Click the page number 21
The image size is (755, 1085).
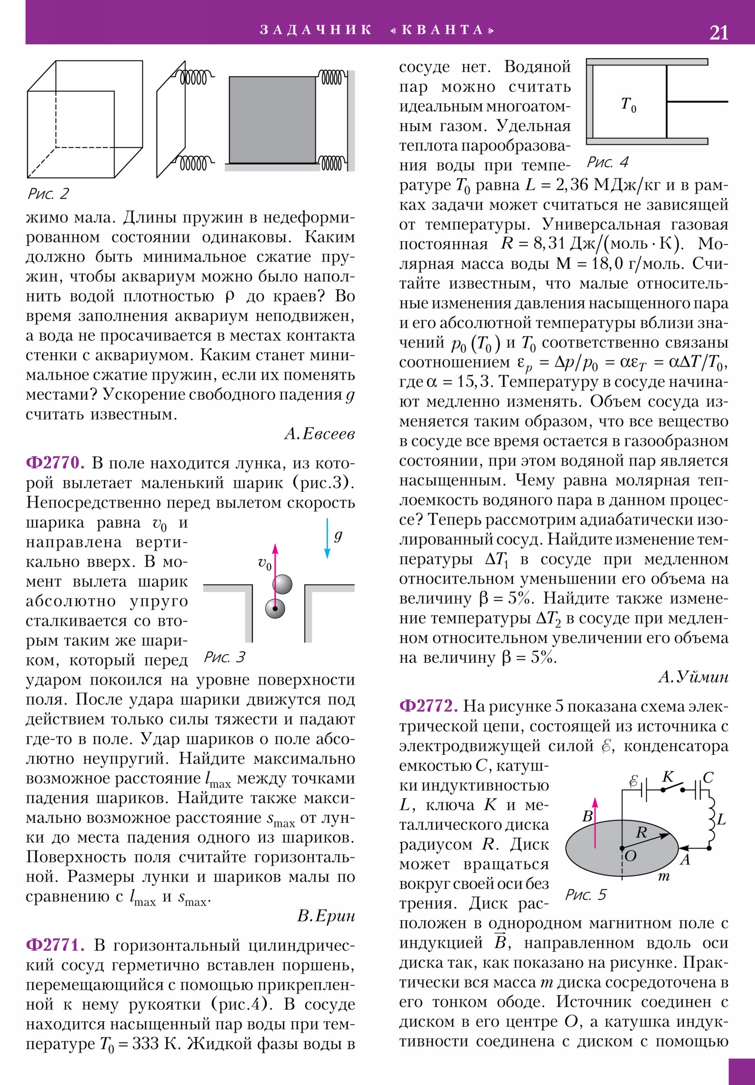coord(719,33)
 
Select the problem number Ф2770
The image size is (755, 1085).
coord(55,463)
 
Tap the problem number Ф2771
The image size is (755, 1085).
coord(55,944)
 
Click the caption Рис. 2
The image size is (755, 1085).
coord(48,193)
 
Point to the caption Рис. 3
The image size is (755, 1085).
coord(225,657)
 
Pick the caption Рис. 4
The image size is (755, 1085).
coord(607,163)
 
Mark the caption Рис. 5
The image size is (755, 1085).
coord(586,894)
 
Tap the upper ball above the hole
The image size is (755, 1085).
coord(282,584)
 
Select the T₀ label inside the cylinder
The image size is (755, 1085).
coord(628,104)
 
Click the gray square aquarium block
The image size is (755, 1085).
coord(272,120)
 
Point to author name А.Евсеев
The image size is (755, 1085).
coord(319,434)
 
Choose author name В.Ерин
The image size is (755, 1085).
coord(326,915)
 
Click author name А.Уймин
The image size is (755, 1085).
coord(693,677)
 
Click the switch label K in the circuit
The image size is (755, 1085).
coord(668,777)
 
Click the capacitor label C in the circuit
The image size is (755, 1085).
coord(708,777)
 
